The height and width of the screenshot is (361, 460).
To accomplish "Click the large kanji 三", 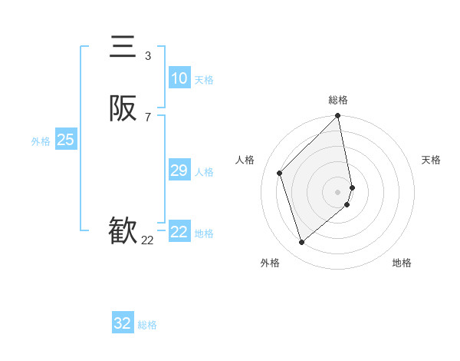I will click(x=123, y=48).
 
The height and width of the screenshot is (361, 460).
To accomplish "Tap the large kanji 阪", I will click(x=123, y=110).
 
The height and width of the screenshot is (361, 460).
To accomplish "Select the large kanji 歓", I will click(x=123, y=230).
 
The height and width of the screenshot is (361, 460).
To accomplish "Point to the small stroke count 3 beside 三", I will click(x=147, y=56).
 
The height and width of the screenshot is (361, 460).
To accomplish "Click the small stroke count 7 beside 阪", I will click(x=147, y=118).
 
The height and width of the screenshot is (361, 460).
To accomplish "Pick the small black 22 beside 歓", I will click(x=147, y=240).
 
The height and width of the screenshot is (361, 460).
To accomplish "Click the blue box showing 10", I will click(x=179, y=78).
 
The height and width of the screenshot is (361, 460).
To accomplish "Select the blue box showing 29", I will click(x=179, y=171).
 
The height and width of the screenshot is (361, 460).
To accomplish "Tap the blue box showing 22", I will click(x=179, y=232).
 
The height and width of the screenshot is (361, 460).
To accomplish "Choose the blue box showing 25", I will click(x=66, y=140).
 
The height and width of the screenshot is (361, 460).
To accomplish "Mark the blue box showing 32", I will click(x=123, y=323).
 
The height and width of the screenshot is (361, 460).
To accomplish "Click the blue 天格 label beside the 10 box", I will click(x=204, y=80).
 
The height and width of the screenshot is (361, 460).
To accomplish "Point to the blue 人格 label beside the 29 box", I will click(x=204, y=172).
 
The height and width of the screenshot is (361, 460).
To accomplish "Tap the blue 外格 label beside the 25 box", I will click(x=41, y=141).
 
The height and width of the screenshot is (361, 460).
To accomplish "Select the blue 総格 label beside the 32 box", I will click(x=147, y=325).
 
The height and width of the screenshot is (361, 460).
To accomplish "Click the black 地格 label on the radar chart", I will click(x=402, y=263).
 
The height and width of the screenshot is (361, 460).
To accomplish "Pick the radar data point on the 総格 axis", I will click(x=338, y=116).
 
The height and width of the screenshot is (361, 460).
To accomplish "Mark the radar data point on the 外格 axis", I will click(x=301, y=243).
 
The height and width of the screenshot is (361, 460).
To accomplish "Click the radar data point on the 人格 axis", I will click(x=280, y=173).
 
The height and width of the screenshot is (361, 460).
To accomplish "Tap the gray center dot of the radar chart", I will click(x=338, y=191).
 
